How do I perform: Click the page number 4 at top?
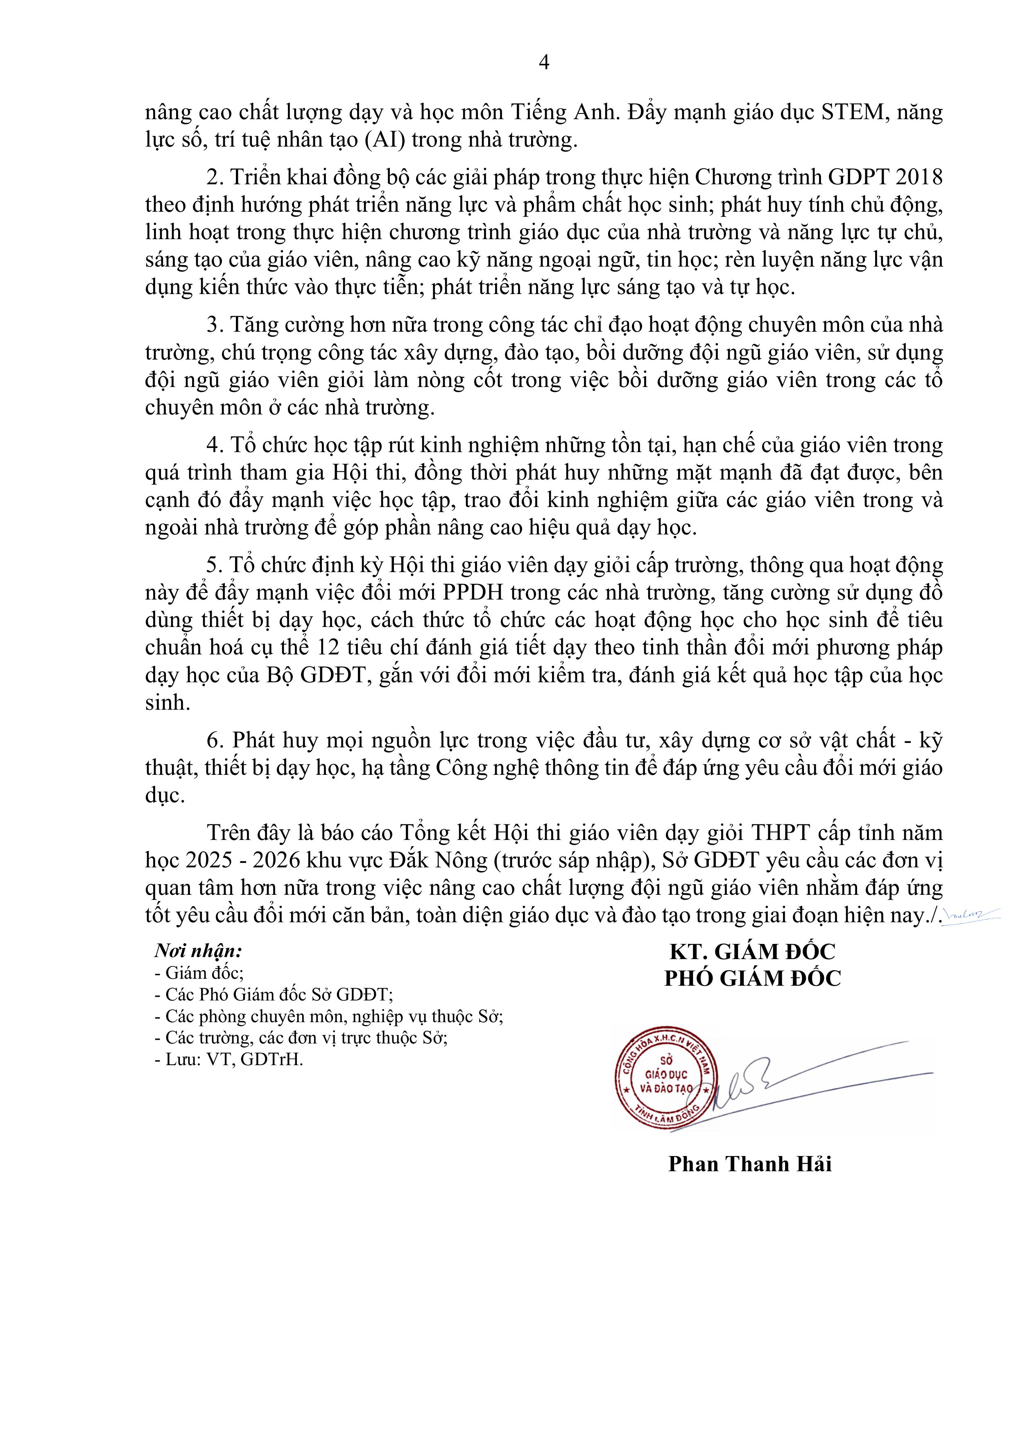point(543,63)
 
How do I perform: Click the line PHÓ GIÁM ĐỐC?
point(752,979)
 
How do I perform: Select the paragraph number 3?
point(215,326)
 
